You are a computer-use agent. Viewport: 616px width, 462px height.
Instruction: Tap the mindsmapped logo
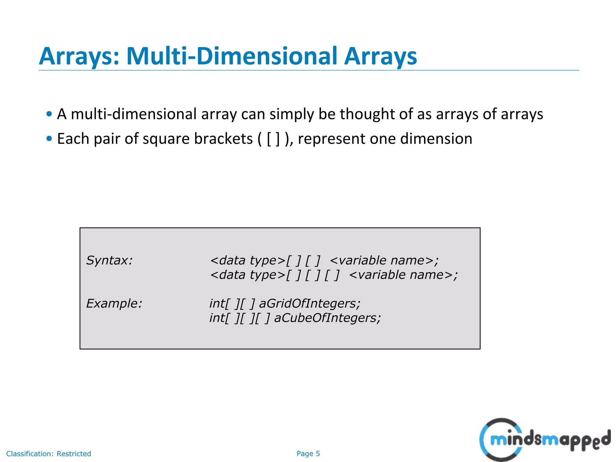coord(544,440)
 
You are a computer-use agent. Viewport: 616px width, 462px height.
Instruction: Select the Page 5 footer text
coord(308,454)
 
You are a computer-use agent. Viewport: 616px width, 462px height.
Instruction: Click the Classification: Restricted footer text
coord(48,454)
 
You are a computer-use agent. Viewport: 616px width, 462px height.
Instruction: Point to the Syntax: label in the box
coord(109,260)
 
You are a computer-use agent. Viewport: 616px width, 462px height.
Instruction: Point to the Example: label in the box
coord(114,303)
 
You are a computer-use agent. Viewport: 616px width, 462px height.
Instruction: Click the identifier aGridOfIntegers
coord(310,303)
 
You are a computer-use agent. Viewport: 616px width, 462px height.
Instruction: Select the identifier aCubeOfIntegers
coord(327,318)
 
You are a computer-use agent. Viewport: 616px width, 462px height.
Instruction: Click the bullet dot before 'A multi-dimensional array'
coord(49,114)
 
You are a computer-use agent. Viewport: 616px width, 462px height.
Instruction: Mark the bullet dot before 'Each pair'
coord(49,139)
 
